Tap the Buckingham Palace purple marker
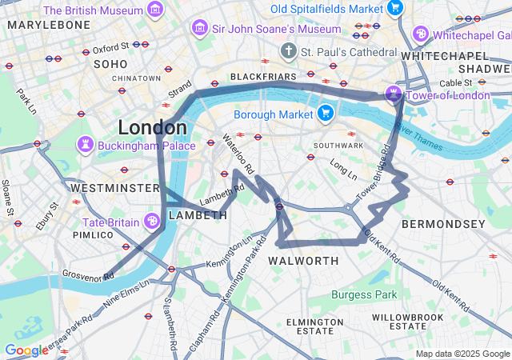(x=86, y=146)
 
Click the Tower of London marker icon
(x=394, y=95)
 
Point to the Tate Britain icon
(x=152, y=222)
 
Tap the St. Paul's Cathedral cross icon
(x=288, y=52)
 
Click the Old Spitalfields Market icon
(x=394, y=8)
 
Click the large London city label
(x=152, y=127)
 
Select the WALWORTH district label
(x=303, y=262)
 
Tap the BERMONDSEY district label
(x=442, y=224)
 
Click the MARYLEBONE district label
(x=49, y=25)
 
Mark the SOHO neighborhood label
(x=110, y=63)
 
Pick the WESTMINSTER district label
(x=115, y=187)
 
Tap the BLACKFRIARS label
(x=262, y=76)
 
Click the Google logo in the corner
(x=26, y=350)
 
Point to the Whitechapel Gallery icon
(x=421, y=35)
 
